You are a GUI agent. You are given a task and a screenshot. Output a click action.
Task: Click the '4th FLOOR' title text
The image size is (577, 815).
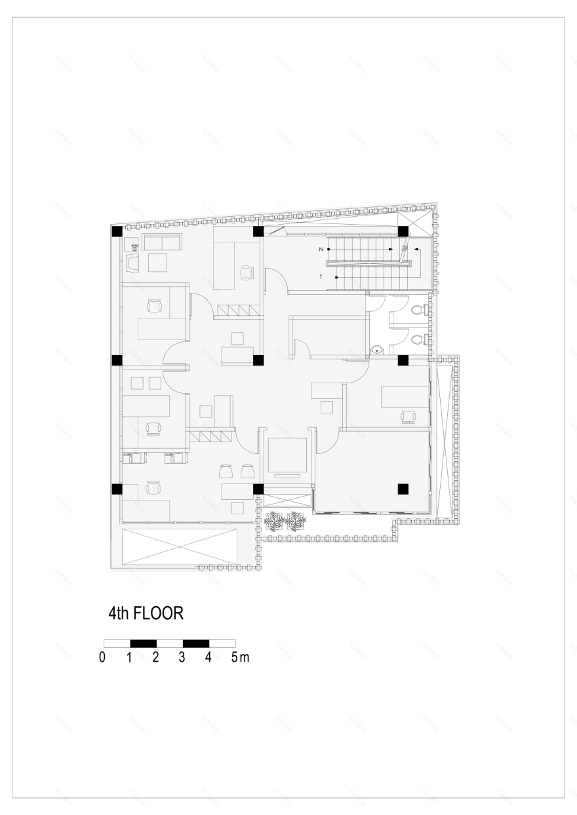tap(145, 613)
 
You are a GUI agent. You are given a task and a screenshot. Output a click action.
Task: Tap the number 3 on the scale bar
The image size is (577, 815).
tap(182, 657)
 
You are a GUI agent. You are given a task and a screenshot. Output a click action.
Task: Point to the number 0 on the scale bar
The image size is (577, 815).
tap(102, 657)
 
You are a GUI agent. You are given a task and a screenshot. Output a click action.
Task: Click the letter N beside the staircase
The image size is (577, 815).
tap(321, 250)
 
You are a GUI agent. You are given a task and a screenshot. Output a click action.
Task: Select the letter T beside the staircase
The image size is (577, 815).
tap(321, 278)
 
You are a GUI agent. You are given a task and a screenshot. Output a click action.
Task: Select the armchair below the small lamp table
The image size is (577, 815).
tap(134, 263)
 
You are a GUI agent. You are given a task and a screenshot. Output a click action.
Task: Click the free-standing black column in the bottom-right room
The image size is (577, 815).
tap(403, 488)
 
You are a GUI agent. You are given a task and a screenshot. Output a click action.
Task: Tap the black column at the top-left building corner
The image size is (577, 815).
tap(117, 231)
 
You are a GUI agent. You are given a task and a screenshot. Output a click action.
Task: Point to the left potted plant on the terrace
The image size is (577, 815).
tap(274, 521)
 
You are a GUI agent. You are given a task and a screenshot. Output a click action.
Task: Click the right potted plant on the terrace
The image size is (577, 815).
tap(296, 521)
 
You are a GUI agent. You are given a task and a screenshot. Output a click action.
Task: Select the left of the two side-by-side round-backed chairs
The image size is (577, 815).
tap(227, 470)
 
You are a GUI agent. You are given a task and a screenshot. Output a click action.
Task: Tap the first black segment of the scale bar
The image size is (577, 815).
tap(143, 643)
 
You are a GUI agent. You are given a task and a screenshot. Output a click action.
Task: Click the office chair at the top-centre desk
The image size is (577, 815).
tap(247, 271)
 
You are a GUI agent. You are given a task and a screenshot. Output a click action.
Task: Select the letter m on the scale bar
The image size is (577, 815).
tap(244, 657)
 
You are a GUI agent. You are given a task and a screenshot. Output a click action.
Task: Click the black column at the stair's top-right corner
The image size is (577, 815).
tap(403, 231)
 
